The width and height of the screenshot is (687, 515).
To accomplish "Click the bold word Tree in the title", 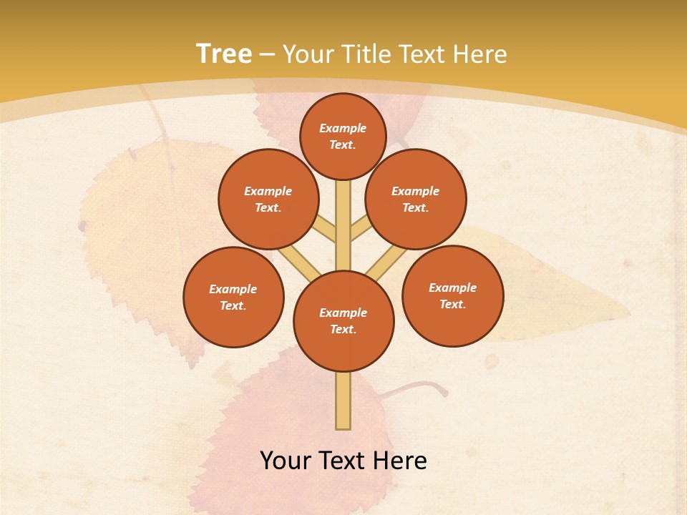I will (224, 54).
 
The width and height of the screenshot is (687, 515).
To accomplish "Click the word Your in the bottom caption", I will (286, 461).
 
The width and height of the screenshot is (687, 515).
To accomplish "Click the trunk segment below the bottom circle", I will (343, 401).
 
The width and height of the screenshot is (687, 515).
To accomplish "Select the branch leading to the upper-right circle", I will (360, 228).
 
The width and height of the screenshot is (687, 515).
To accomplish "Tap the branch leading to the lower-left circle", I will (299, 262).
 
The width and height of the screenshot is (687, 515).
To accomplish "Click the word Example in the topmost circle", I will (343, 129).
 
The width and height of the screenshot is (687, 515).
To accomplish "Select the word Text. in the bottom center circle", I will (343, 330).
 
